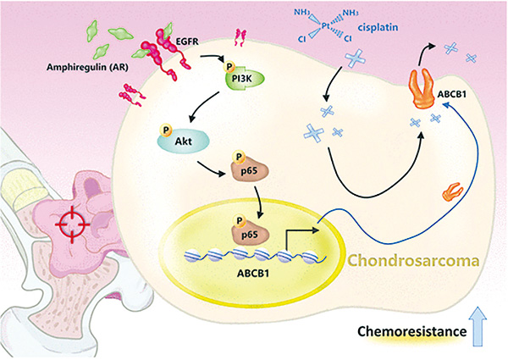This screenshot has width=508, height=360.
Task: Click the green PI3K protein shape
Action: tap(246, 79)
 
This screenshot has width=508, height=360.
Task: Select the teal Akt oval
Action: tap(184, 141)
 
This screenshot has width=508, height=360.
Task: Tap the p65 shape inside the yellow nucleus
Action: tap(250, 233)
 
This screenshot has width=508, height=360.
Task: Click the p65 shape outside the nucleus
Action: tap(250, 169)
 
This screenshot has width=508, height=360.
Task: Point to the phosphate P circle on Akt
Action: tap(166, 130)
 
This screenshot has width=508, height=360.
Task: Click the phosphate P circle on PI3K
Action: tap(229, 67)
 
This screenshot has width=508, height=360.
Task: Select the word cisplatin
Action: tap(378, 27)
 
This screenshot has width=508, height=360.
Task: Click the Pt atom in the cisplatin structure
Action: tap(326, 25)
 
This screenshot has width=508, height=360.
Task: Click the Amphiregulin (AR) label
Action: tap(87, 67)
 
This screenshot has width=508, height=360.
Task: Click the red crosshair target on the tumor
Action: tap(72, 224)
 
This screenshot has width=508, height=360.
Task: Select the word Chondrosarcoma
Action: tap(413, 261)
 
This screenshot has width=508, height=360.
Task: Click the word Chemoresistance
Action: tap(412, 331)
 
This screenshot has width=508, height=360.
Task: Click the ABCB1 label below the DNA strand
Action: tap(253, 273)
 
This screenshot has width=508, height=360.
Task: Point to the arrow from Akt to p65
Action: tap(211, 169)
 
